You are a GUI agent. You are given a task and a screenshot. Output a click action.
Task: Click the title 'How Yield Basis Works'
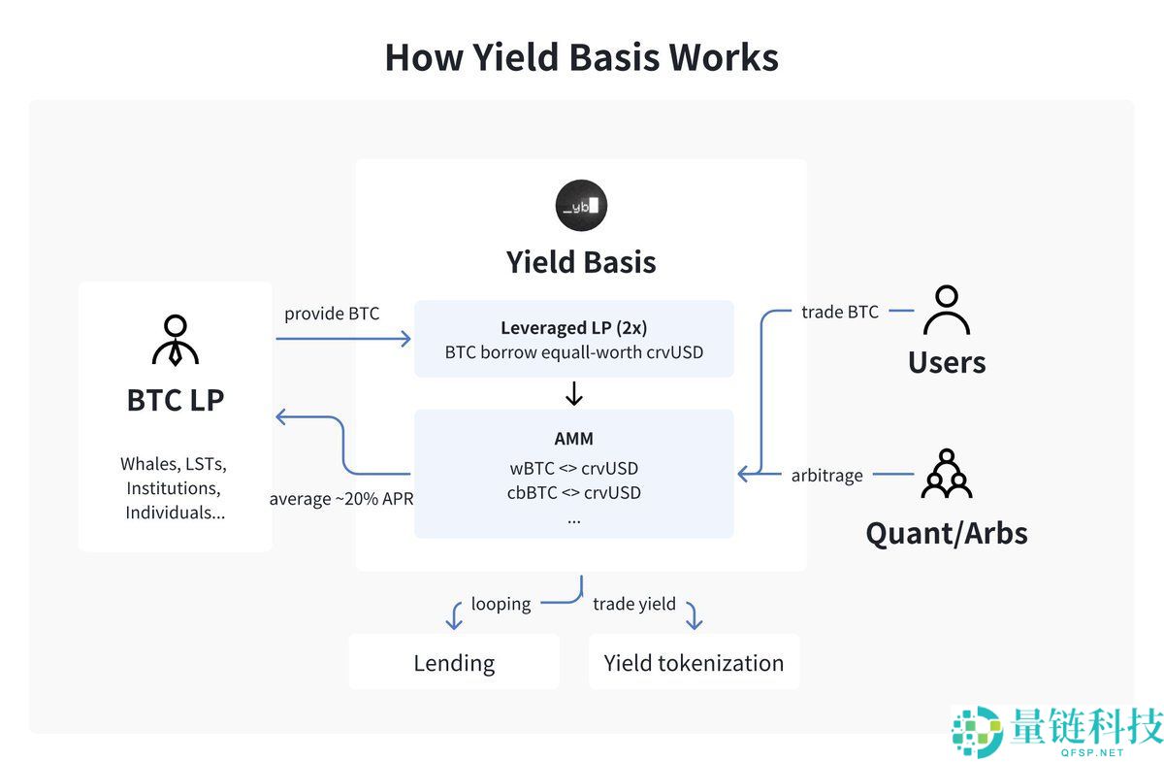pyautogui.click(x=581, y=57)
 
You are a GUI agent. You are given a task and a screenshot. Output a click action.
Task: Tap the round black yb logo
pyautogui.click(x=581, y=205)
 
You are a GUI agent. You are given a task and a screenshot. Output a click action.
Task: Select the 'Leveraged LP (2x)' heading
pyautogui.click(x=573, y=328)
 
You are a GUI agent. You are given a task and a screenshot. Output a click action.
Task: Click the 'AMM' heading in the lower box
pyautogui.click(x=573, y=438)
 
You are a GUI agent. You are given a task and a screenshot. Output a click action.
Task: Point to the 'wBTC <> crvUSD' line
pyautogui.click(x=573, y=468)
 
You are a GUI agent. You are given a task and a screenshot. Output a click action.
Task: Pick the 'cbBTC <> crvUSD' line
pyautogui.click(x=573, y=492)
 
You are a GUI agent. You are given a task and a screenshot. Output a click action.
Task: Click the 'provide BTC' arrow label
pyautogui.click(x=332, y=314)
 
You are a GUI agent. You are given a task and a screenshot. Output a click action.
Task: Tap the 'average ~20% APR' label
pyautogui.click(x=340, y=499)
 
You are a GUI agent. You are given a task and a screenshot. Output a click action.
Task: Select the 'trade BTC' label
pyautogui.click(x=839, y=312)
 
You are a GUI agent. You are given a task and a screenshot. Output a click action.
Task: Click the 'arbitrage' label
pyautogui.click(x=827, y=475)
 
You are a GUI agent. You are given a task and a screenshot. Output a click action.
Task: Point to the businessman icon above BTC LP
pyautogui.click(x=175, y=340)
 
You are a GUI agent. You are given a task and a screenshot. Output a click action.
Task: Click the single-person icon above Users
pyautogui.click(x=946, y=310)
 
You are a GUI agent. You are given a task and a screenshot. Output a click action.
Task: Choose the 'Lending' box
pyautogui.click(x=454, y=662)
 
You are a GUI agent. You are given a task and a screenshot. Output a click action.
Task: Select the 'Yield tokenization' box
pyautogui.click(x=694, y=662)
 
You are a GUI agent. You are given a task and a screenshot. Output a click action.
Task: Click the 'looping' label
pyautogui.click(x=501, y=604)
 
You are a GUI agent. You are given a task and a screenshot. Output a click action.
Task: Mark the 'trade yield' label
pyautogui.click(x=633, y=604)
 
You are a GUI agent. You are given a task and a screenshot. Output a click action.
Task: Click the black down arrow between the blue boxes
pyautogui.click(x=573, y=393)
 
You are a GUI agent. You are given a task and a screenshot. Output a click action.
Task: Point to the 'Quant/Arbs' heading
pyautogui.click(x=946, y=532)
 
